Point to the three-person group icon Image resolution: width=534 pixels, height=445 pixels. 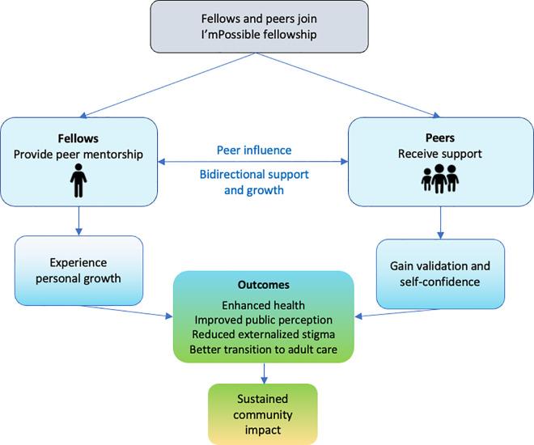click(x=439, y=177)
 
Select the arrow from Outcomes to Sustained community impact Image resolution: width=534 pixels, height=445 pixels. click(x=265, y=373)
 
